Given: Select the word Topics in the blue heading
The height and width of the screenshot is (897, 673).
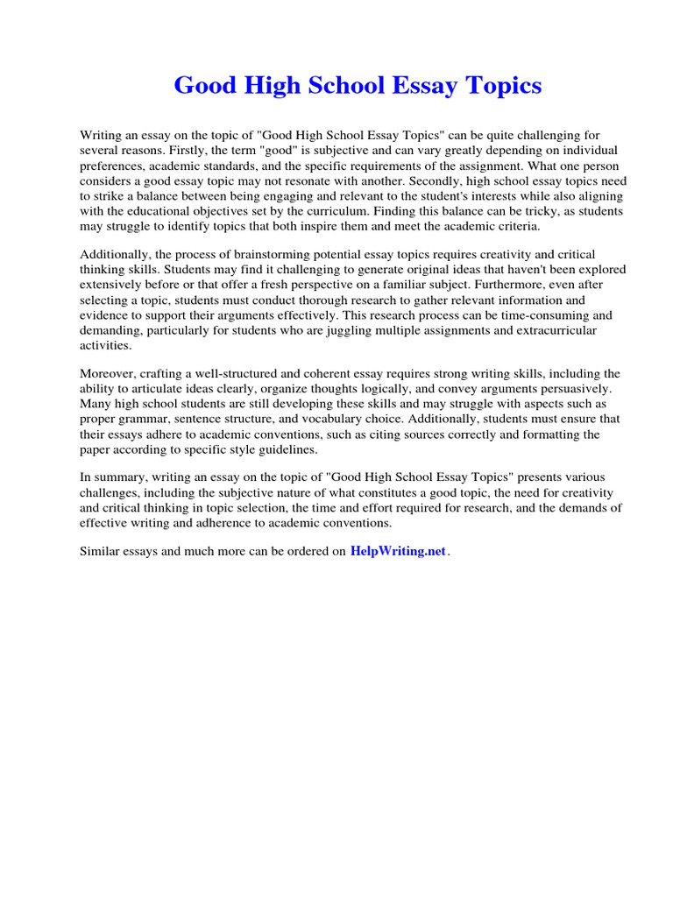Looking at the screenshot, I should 503,86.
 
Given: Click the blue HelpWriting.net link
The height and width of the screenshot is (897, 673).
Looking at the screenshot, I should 398,552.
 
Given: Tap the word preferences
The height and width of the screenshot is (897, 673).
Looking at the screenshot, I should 112,166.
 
